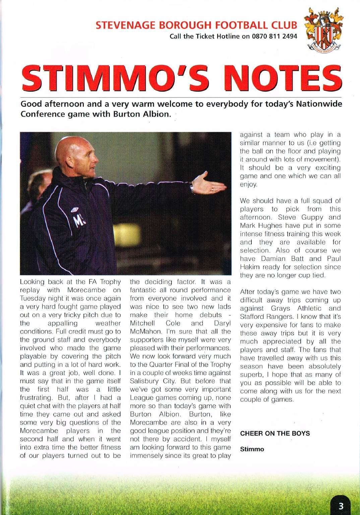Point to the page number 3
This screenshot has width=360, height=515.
click(341, 506)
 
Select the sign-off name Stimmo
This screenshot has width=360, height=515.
click(252, 449)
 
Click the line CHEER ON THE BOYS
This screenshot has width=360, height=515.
click(275, 433)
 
